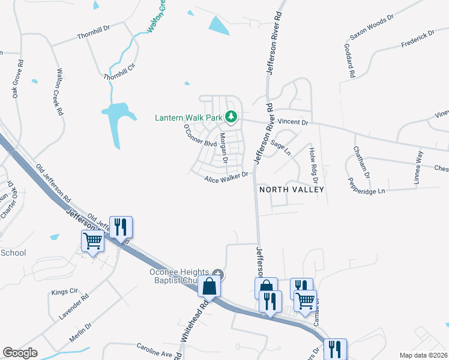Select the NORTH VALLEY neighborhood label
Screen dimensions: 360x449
pos(291,189)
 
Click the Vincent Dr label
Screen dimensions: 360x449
pos(294,122)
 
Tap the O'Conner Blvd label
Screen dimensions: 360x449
pos(199,139)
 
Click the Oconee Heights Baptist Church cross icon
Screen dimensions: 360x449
pos(218,275)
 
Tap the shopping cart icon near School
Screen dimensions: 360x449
pos(92,241)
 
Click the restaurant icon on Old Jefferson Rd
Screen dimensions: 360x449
pos(121,227)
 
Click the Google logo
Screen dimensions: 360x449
pos(20,353)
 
